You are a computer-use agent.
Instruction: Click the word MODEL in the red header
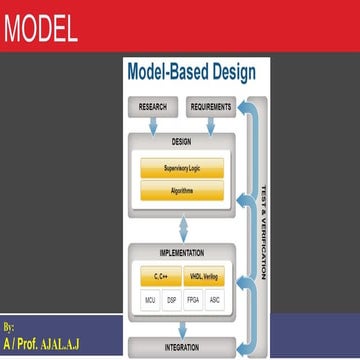click(40, 29)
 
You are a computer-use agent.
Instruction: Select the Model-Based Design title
click(191, 72)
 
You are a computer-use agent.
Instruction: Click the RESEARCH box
click(152, 105)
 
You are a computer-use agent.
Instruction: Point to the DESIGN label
click(181, 141)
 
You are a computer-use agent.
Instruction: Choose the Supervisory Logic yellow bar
click(181, 168)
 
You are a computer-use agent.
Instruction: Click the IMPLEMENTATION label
click(181, 253)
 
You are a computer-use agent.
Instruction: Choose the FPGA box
click(193, 299)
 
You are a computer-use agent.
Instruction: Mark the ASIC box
click(215, 299)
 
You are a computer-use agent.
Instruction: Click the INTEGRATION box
click(181, 347)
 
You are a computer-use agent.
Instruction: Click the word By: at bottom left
click(10, 327)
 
